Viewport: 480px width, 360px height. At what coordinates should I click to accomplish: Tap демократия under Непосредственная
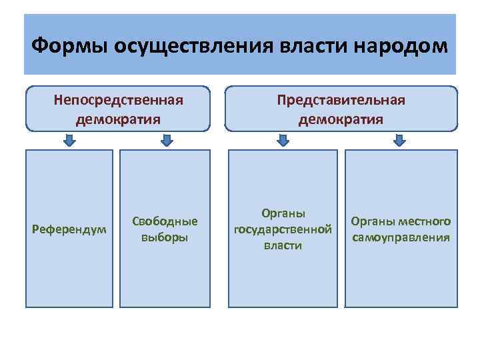118,119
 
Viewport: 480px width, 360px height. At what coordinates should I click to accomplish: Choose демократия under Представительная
341,119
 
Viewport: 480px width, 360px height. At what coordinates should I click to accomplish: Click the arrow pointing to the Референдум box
69,140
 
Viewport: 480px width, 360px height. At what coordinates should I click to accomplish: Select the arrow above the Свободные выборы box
167,140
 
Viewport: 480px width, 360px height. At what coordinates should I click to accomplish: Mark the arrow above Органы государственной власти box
283,140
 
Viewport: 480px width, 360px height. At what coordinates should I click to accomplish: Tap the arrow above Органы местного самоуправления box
399,140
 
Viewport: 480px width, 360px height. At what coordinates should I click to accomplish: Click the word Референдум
69,230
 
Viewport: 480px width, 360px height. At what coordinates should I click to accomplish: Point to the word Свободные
165,221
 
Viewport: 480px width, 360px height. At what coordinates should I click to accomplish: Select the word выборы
165,237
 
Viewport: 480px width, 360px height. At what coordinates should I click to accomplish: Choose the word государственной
283,230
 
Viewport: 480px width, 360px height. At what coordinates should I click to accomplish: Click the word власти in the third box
283,245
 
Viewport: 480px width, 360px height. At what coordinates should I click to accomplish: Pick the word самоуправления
401,237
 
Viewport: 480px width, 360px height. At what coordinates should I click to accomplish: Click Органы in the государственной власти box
283,214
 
